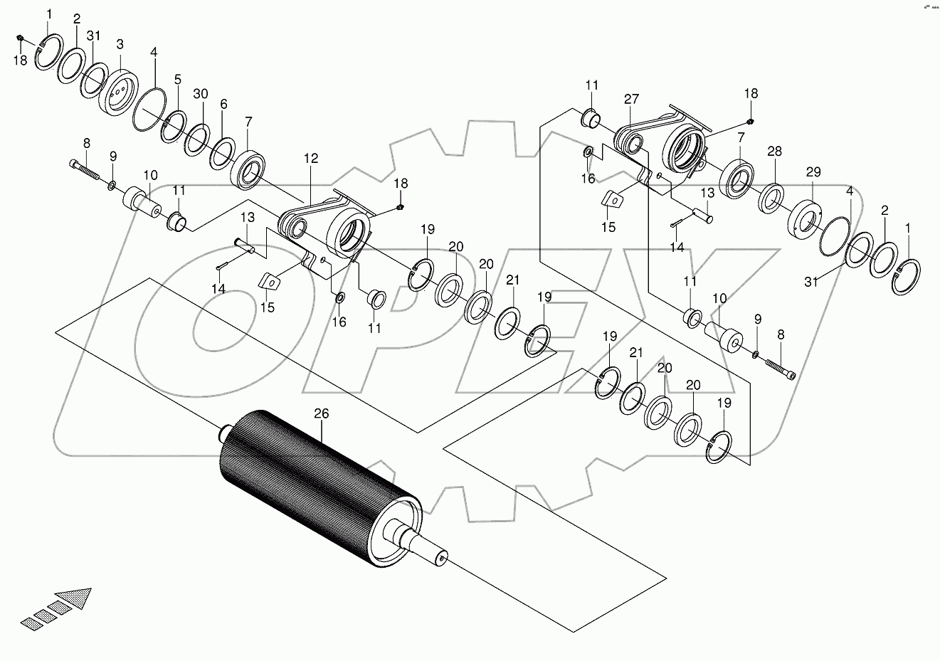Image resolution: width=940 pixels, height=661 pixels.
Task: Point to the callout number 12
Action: [311, 157]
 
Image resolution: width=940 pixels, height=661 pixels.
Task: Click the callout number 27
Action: [632, 99]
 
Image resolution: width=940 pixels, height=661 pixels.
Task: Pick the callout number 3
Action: [120, 44]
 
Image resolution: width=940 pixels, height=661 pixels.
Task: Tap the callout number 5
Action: [177, 79]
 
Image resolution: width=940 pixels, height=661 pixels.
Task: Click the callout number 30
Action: [201, 94]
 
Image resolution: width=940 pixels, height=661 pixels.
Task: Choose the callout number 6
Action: [223, 104]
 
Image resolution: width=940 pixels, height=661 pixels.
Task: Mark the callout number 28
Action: [774, 152]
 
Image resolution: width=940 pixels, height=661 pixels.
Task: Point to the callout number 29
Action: [813, 172]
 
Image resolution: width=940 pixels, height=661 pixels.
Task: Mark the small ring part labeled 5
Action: [173, 127]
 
